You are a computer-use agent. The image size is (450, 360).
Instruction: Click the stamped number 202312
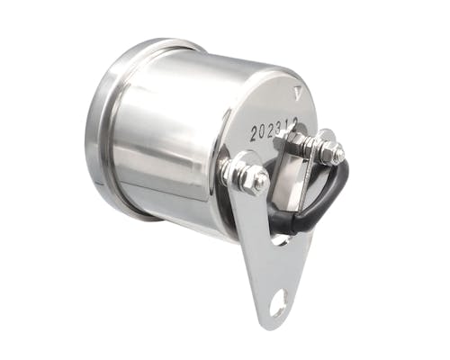274,130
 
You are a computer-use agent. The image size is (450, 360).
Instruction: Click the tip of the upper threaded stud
339,153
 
